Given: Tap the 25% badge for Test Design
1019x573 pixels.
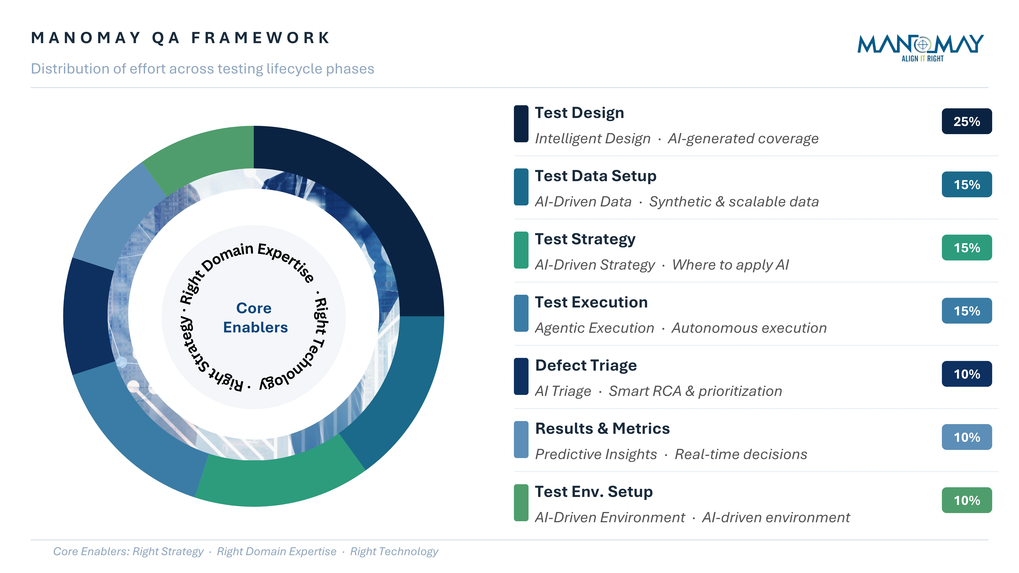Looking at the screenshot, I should pos(966,121).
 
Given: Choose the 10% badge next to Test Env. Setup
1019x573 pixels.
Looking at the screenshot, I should pos(966,500).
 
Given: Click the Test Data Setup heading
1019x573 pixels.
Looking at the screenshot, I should pos(595,176).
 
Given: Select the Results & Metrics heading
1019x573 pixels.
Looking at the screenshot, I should pos(602,429).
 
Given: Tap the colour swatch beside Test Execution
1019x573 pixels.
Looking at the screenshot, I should pos(521,313).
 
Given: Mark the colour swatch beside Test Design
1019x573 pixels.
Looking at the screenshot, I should pos(521,124).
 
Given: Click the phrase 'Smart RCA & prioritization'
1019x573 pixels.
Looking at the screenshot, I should pos(695,391).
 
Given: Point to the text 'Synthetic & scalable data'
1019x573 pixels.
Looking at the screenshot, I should pos(734,202).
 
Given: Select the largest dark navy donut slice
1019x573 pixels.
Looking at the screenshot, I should pos(368,214).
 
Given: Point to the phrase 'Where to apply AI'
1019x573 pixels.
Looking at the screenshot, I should pos(730,265).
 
